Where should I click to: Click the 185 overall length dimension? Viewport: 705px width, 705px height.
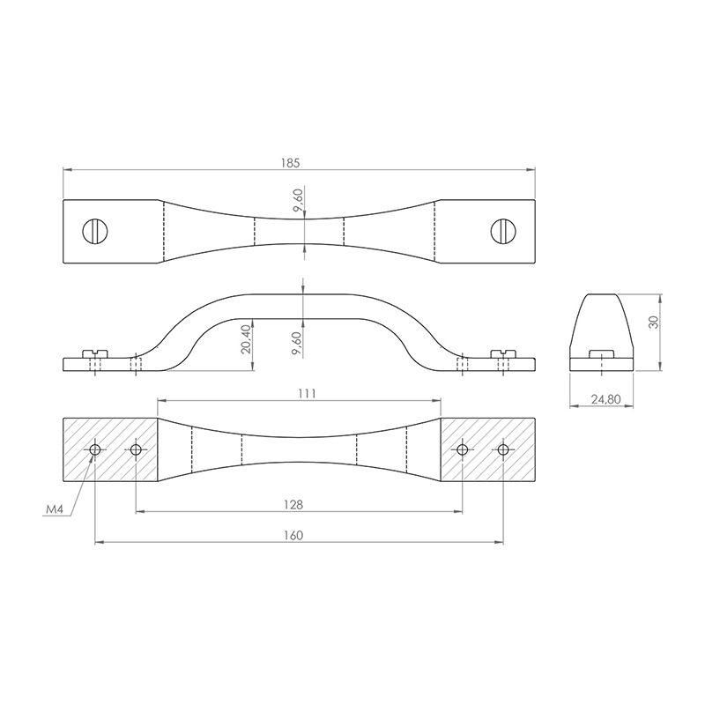(x=290, y=163)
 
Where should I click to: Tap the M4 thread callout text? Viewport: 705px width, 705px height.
(x=54, y=509)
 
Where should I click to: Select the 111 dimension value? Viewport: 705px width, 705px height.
(x=307, y=394)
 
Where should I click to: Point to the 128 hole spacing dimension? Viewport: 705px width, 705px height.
(x=293, y=505)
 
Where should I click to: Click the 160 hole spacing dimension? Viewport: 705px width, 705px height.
(x=293, y=536)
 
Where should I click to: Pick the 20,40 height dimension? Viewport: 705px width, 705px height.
(x=246, y=339)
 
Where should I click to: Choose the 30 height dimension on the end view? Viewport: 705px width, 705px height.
(x=654, y=322)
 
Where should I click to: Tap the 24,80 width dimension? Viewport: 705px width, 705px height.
(x=605, y=399)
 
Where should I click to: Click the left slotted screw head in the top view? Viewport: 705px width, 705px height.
(x=95, y=232)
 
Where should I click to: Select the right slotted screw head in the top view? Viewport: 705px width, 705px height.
(x=503, y=232)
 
